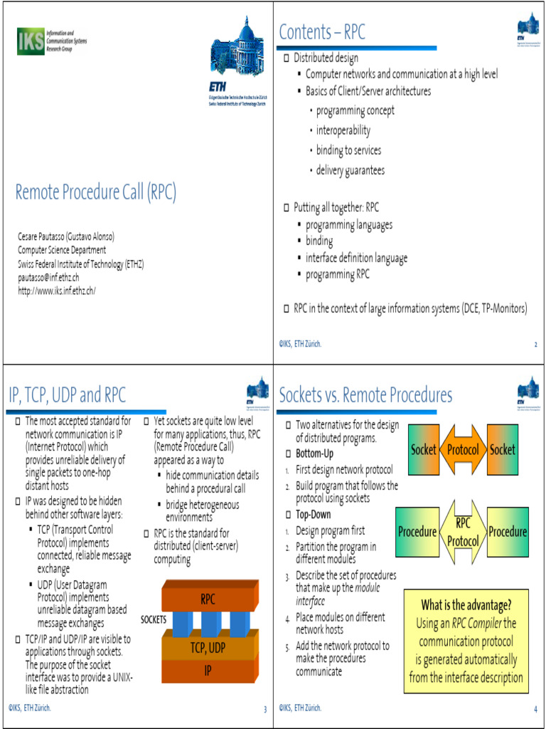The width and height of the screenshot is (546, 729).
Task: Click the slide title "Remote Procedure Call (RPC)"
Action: [x=96, y=192]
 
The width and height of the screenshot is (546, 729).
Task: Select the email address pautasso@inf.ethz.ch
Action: [x=48, y=277]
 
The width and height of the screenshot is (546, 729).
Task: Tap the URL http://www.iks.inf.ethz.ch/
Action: [x=57, y=290]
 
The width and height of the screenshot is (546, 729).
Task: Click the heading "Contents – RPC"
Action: [x=322, y=32]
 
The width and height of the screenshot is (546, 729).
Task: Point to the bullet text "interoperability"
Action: [x=343, y=130]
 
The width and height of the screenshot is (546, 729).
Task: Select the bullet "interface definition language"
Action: [x=356, y=258]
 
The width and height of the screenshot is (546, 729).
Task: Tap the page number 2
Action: [x=535, y=345]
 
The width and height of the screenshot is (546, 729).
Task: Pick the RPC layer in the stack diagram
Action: [x=208, y=599]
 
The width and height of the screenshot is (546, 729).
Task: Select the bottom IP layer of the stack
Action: [x=208, y=670]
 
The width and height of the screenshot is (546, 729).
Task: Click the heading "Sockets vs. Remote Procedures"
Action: [x=365, y=394]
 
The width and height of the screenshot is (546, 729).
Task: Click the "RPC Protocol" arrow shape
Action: [x=463, y=532]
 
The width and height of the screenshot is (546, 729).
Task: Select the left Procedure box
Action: [x=417, y=532]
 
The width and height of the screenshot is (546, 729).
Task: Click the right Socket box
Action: [x=502, y=450]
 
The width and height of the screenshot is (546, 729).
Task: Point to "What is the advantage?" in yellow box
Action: [x=466, y=606]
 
